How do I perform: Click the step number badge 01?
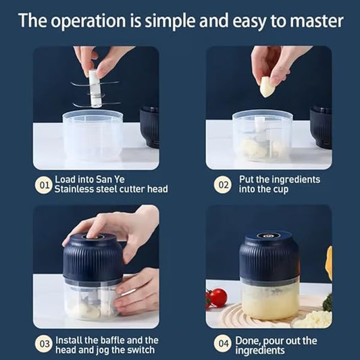44,184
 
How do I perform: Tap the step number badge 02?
223,184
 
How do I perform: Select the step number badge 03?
44,344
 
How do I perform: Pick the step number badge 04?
223,344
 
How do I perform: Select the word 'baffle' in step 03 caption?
115,340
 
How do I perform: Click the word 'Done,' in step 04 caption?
253,340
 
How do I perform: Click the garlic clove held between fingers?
267,86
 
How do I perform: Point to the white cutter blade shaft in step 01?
95,91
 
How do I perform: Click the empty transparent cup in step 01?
93,135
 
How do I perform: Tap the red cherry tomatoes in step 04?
216,297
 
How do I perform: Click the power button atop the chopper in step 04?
269,236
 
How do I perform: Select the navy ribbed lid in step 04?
269,257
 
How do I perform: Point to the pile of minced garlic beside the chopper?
313,318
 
